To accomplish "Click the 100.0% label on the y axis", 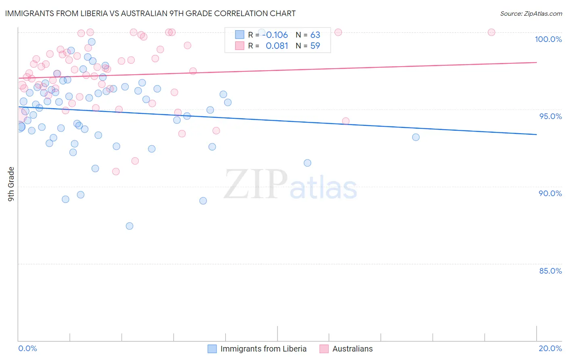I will click(x=548, y=39).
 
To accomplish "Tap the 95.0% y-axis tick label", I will click(x=550, y=116).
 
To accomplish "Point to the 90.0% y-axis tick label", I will click(x=550, y=193).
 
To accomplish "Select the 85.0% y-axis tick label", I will click(x=550, y=271).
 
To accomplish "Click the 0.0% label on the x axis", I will click(x=27, y=348).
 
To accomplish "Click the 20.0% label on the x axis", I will click(x=550, y=348).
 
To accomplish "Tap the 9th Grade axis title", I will click(x=11, y=184).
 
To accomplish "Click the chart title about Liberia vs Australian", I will click(x=150, y=13).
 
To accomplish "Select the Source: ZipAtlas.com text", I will click(x=531, y=14).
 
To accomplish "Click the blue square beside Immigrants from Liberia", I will click(x=212, y=349).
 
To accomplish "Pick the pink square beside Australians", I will click(x=324, y=349).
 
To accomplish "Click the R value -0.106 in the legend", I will click(x=277, y=35).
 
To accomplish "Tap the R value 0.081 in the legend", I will click(x=277, y=46).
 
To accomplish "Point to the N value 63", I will click(x=315, y=35).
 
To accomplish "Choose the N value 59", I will click(x=315, y=46).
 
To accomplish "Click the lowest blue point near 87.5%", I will click(x=129, y=226).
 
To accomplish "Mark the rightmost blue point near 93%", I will click(x=416, y=137).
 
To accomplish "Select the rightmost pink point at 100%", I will click(x=491, y=32).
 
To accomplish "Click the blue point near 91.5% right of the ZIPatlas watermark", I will click(x=307, y=163).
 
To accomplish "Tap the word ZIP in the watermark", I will click(x=256, y=185).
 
